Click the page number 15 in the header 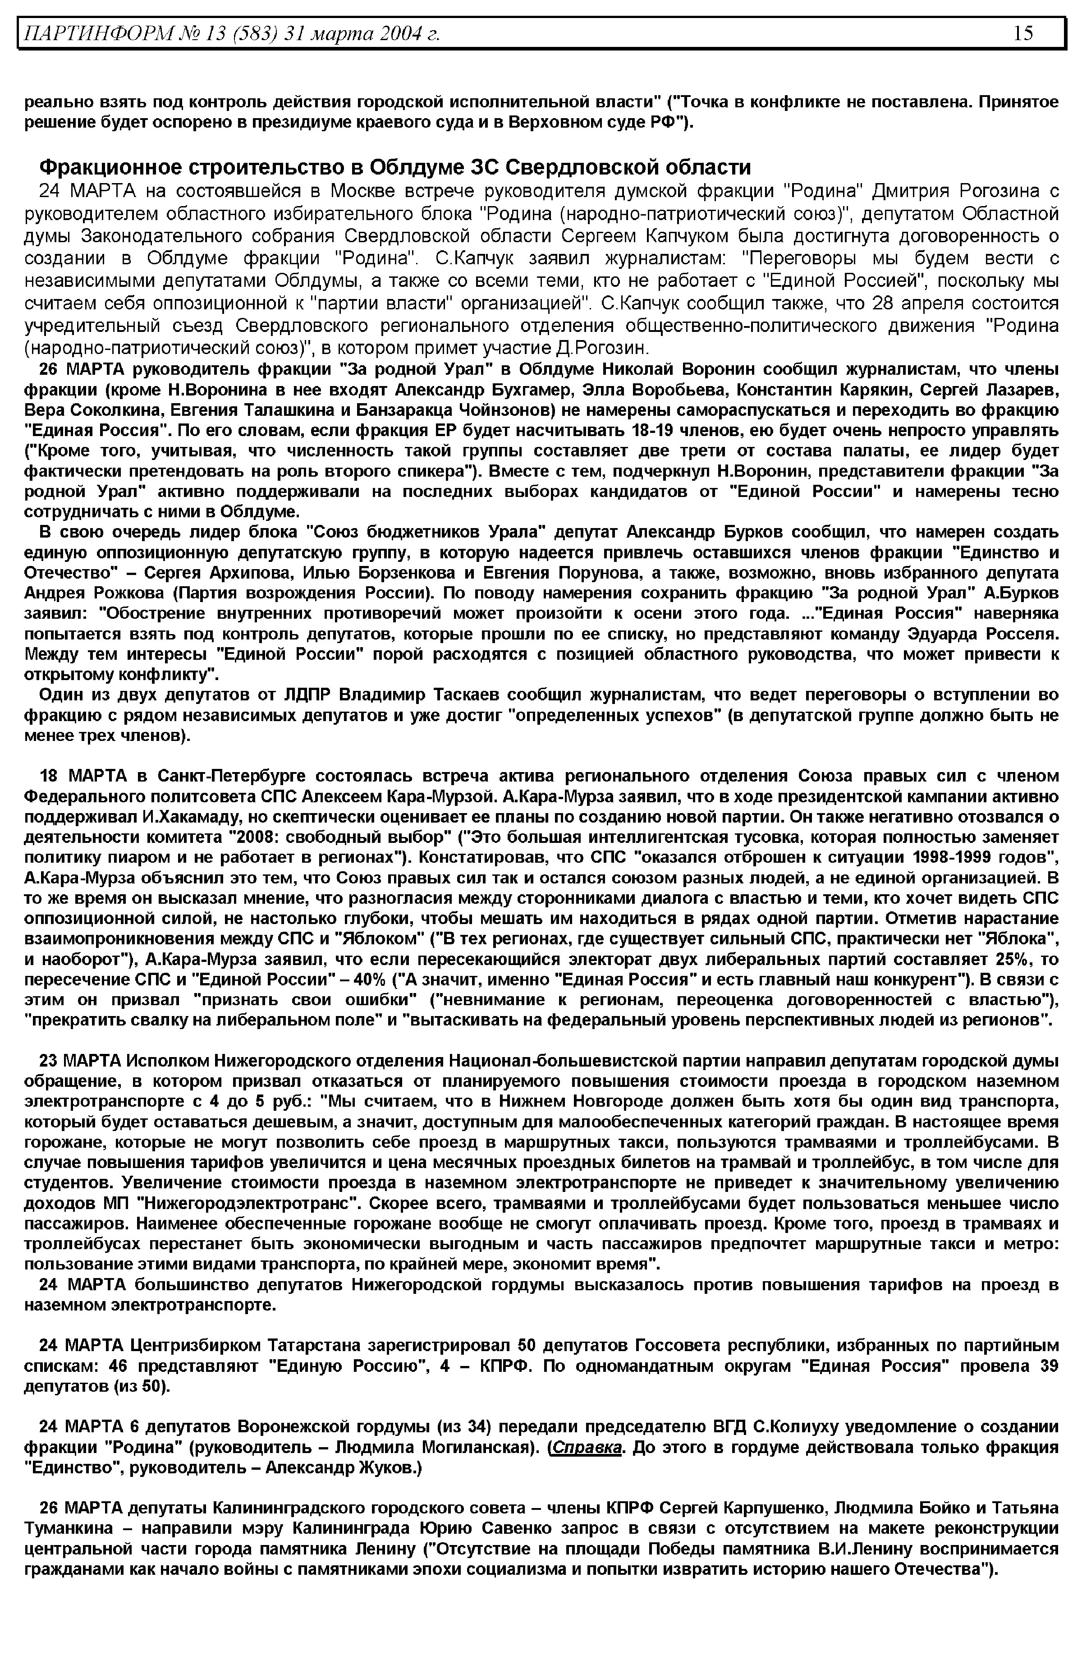pos(1024,33)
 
